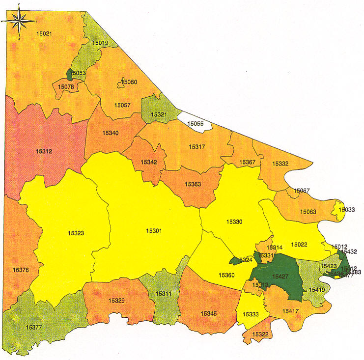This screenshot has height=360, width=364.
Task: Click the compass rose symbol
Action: coord(19,21)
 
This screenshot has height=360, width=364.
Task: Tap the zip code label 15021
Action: coord(44,33)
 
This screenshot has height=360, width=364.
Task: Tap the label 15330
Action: coord(234,222)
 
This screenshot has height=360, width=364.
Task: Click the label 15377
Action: coord(34,327)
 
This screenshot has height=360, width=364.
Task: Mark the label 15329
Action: coord(116,300)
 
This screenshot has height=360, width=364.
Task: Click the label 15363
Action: coord(193,184)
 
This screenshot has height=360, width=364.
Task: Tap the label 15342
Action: coord(148,162)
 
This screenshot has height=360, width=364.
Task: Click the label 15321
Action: coord(159,114)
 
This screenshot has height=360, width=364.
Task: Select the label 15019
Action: coord(100,43)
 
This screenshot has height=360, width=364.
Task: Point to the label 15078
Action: coord(66,87)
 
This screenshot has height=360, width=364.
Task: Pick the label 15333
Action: coord(251,314)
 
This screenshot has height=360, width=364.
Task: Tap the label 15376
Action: coord(21,270)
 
